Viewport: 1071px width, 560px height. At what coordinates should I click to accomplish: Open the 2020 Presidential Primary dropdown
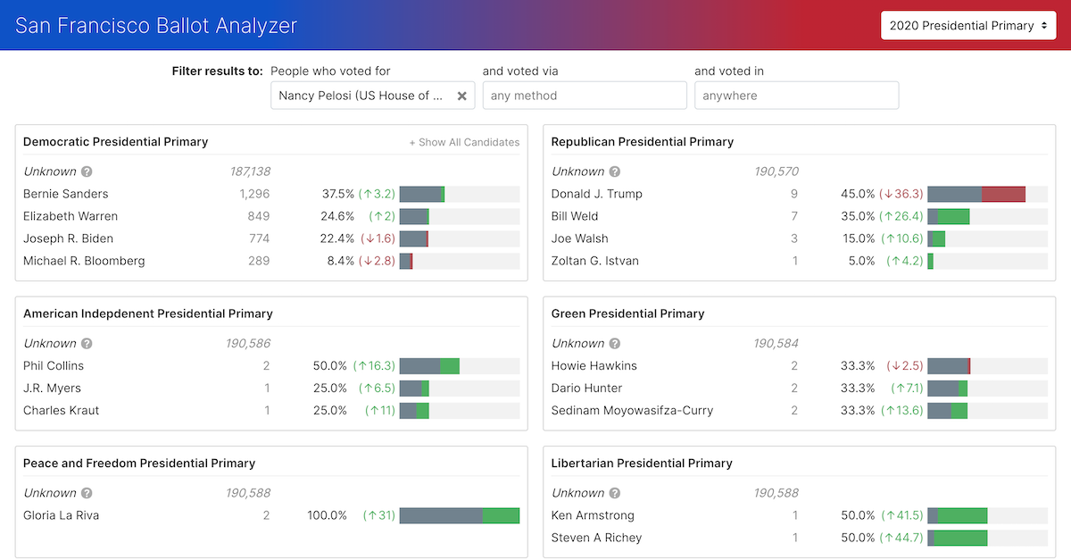click(x=968, y=26)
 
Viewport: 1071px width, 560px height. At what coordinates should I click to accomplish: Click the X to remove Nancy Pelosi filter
click(x=461, y=96)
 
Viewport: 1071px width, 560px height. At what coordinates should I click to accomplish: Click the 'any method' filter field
click(x=585, y=96)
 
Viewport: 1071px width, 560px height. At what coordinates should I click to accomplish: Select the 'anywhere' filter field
click(x=796, y=96)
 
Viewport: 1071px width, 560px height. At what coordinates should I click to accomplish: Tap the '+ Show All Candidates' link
click(x=464, y=142)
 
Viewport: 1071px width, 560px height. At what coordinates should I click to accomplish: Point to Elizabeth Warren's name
click(x=71, y=216)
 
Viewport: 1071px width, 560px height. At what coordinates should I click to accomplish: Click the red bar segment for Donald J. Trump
click(x=1003, y=194)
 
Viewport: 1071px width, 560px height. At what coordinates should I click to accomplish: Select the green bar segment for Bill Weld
click(x=953, y=216)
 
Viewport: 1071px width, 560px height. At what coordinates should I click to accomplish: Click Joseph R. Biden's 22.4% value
click(x=337, y=238)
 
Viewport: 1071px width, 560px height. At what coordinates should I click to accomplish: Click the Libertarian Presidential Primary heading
click(x=642, y=464)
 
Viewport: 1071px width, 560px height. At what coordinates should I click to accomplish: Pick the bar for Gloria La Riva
click(x=459, y=515)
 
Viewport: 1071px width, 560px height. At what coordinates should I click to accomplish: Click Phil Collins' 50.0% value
click(x=330, y=365)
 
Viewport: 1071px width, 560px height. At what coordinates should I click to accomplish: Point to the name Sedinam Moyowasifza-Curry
click(x=632, y=410)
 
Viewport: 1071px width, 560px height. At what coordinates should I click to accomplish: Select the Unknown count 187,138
click(x=250, y=171)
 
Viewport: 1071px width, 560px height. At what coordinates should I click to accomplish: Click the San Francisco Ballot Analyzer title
click(x=156, y=25)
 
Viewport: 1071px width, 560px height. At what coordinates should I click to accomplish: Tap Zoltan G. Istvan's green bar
click(x=930, y=261)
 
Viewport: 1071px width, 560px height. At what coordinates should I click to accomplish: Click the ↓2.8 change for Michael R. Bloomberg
click(x=377, y=261)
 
